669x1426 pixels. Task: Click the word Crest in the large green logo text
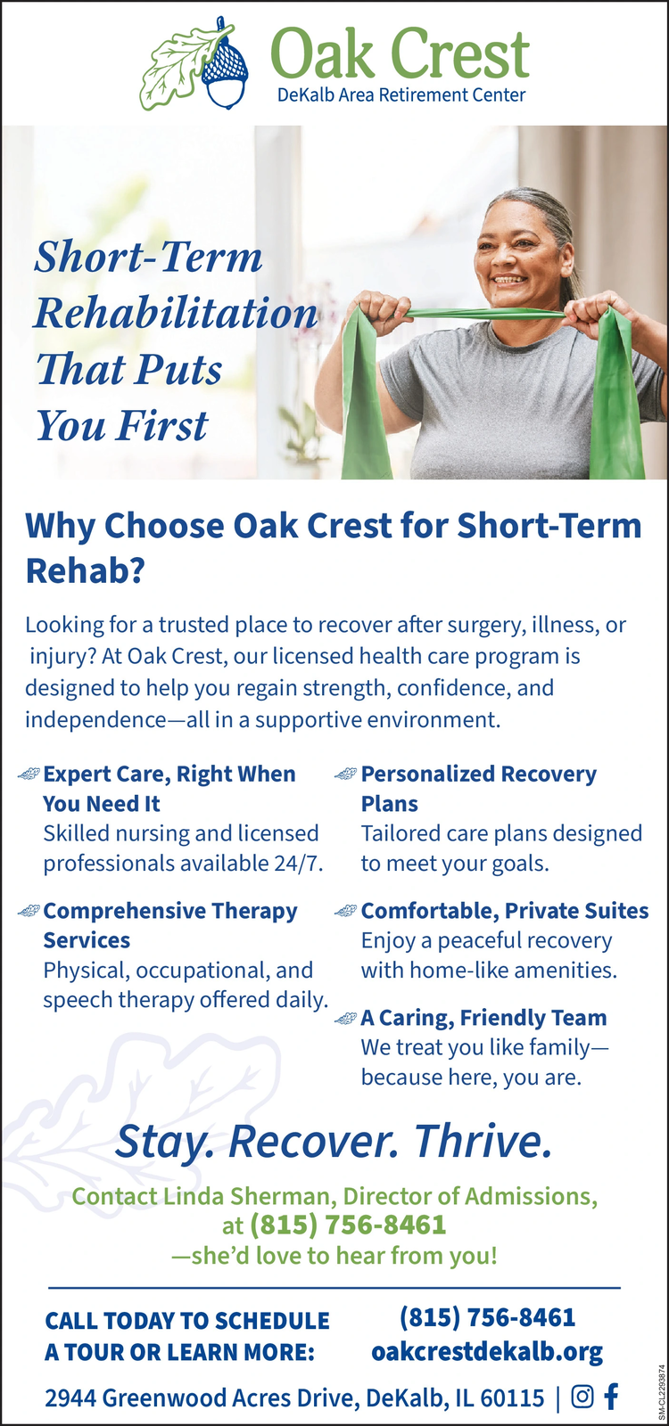pos(459,54)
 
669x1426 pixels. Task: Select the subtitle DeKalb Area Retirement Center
pos(401,95)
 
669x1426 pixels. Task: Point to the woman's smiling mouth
pos(510,279)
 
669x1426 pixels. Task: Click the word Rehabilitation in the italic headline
pos(175,313)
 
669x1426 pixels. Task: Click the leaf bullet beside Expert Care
pos(29,774)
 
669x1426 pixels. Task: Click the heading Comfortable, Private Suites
pos(505,910)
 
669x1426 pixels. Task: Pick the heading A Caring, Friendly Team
pos(483,1017)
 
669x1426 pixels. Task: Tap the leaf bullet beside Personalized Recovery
pos(346,774)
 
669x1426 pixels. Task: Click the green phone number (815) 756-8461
pos(348,1225)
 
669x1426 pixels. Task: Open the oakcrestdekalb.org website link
pos(487,1351)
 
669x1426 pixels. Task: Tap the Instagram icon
pos(582,1397)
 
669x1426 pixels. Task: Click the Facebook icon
pos(611,1396)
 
